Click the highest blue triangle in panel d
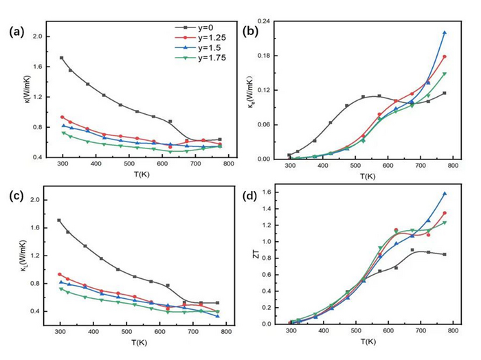pos(445,194)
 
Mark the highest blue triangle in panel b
pos(445,32)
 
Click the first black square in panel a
pos(62,58)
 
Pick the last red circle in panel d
pos(445,213)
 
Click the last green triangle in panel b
pos(445,74)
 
